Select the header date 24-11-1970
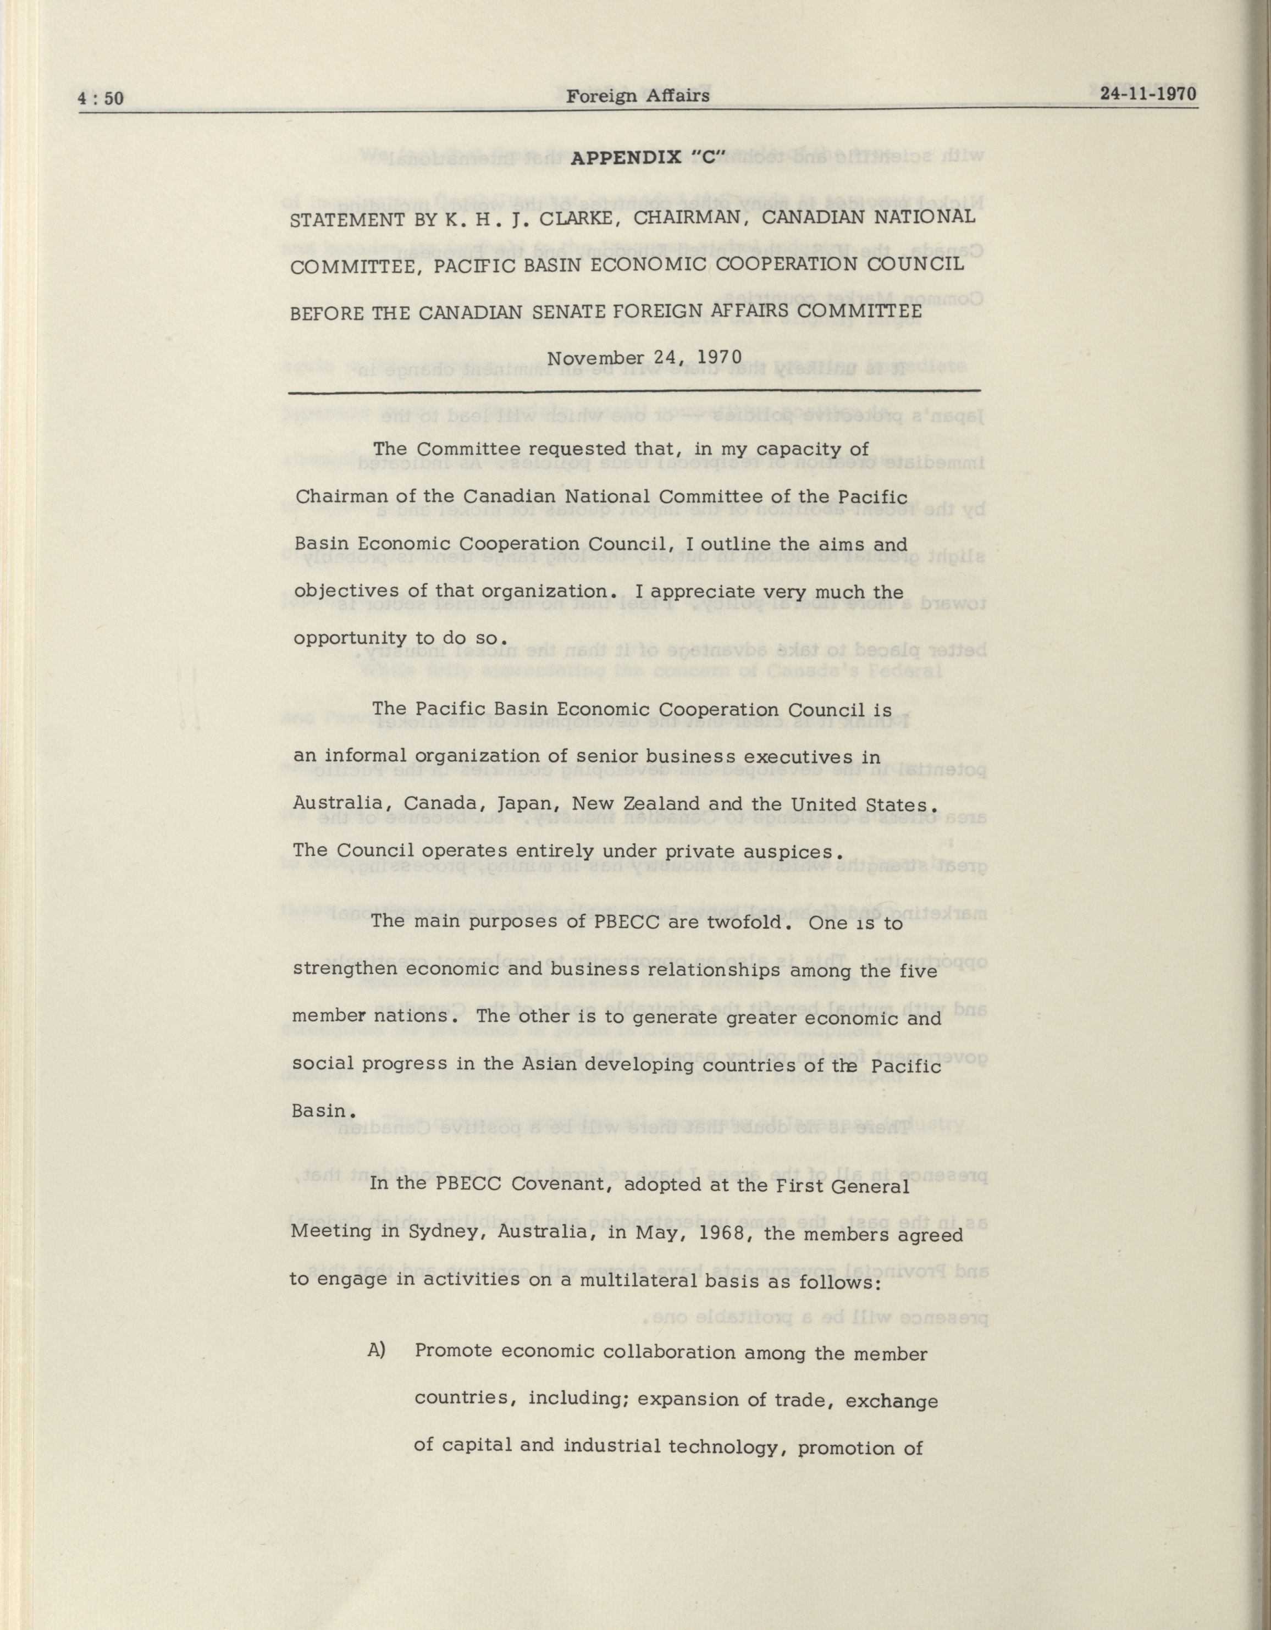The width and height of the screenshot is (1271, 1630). (1148, 94)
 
